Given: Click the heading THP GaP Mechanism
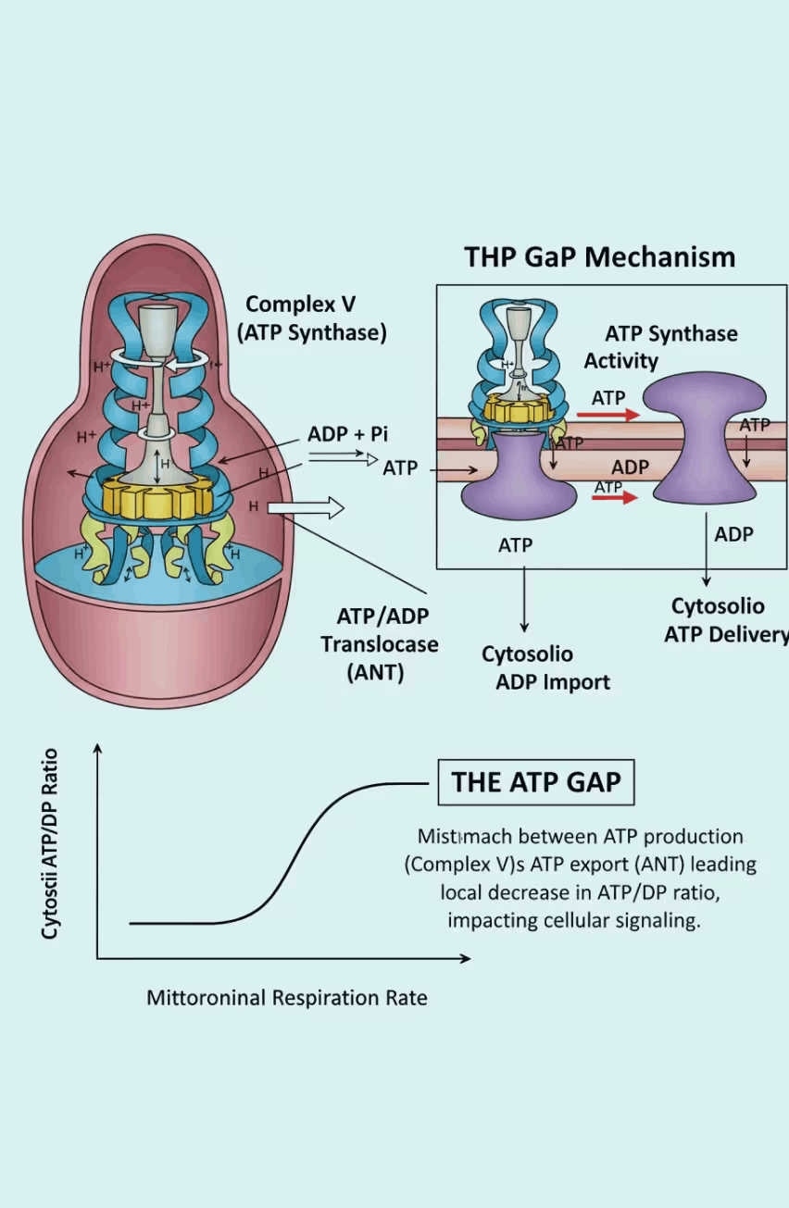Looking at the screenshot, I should tap(599, 256).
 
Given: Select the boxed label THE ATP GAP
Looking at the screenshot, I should tap(535, 782).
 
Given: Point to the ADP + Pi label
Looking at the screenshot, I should tap(347, 434).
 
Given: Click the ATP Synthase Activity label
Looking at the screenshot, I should tap(660, 346).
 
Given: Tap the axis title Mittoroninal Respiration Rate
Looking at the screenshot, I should tap(287, 998).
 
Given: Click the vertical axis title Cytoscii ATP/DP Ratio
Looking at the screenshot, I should tap(51, 843).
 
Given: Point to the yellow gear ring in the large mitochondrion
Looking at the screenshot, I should tap(158, 498).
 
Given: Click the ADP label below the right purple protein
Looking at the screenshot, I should tap(733, 534).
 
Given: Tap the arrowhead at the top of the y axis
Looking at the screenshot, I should tap(97, 748).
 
